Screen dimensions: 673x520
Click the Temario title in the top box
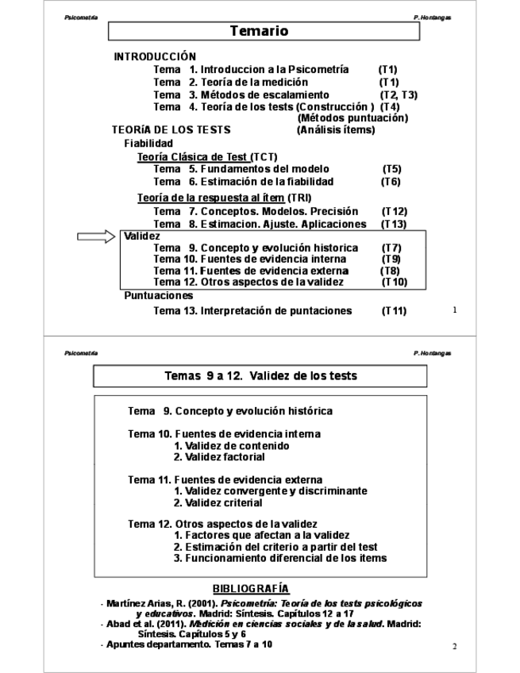pos(259,32)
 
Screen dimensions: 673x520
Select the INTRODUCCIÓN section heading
pos(155,57)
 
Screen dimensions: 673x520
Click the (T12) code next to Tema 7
pos(395,212)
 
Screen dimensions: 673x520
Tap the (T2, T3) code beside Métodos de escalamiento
pos(399,94)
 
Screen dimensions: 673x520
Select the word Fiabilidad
pos(148,143)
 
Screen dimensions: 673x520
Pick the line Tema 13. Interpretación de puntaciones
pos(252,310)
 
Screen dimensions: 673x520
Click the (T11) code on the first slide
pos(394,310)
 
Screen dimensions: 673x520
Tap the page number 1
pos(455,310)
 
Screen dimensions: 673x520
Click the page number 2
pos(455,646)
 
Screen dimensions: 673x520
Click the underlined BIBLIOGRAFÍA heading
pos(251,588)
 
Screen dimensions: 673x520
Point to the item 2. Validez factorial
pos(219,457)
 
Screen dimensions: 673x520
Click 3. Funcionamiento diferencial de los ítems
pos(279,558)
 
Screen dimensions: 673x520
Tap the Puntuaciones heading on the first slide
pos(158,296)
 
